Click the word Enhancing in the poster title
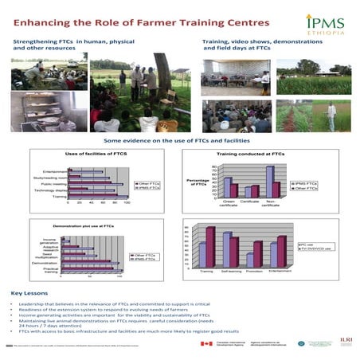click(x=42, y=19)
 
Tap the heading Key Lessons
click(x=29, y=293)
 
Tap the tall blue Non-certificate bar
click(x=270, y=180)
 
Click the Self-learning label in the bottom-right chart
click(x=232, y=272)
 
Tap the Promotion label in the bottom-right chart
click(x=255, y=272)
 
